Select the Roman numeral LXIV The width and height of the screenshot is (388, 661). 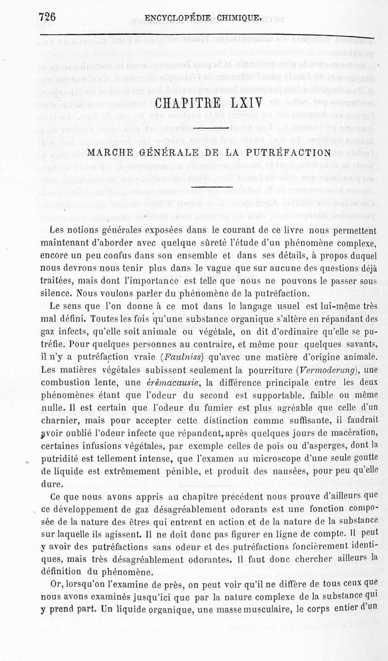[243, 104]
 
